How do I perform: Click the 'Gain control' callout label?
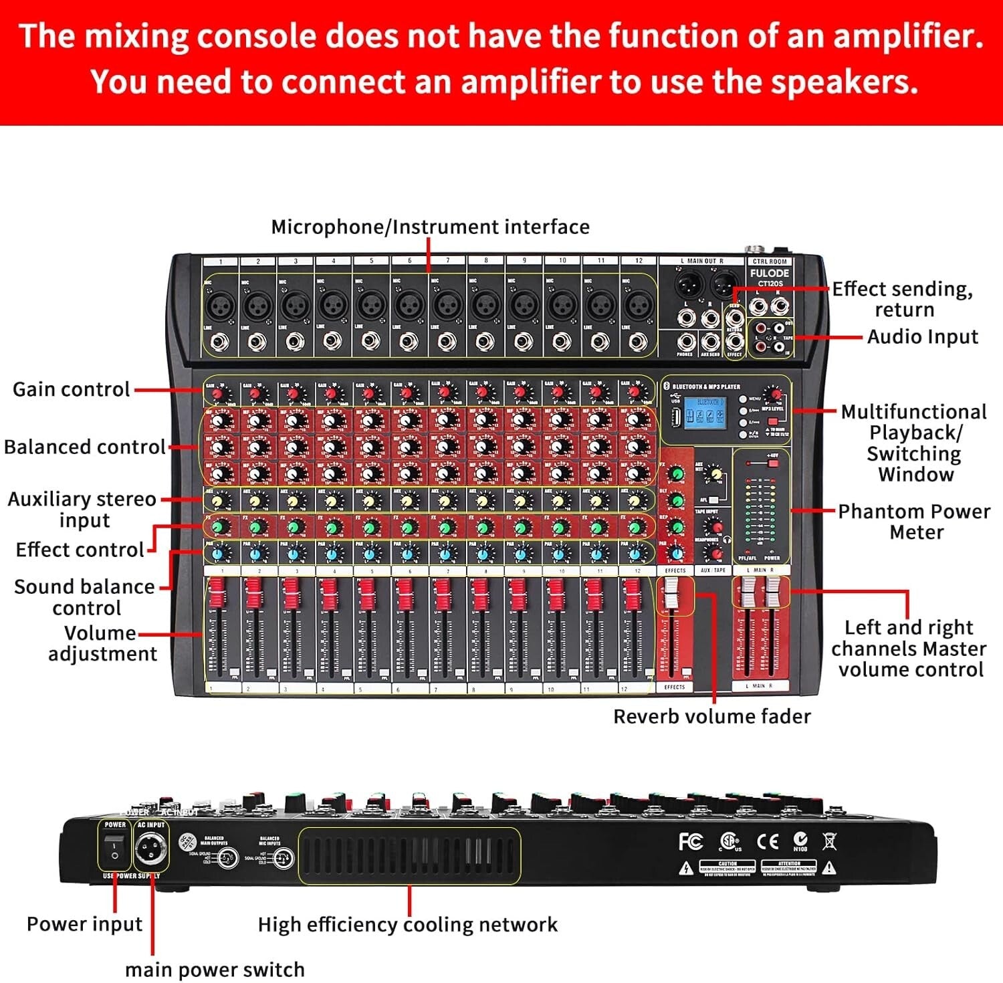72,389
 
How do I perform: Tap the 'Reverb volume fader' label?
711,716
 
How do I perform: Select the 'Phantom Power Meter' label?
914,522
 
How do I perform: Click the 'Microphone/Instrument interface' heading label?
430,227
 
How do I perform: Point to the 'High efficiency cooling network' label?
407,924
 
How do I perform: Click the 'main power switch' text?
215,969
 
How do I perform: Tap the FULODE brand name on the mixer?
769,273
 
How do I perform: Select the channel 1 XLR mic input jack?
220,307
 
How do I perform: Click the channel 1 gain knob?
217,395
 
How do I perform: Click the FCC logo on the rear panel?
691,841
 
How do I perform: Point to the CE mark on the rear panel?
767,841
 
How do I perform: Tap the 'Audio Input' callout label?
922,336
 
